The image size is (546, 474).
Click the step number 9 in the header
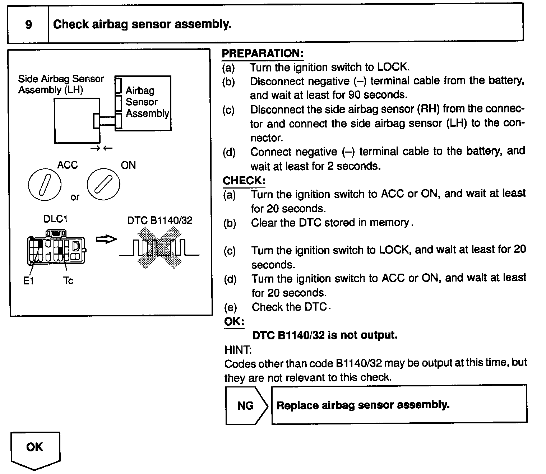pyautogui.click(x=28, y=25)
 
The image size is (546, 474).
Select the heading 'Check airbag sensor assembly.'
pyautogui.click(x=142, y=24)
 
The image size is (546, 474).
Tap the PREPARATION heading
pyautogui.click(x=263, y=54)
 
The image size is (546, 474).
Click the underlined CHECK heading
pyautogui.click(x=244, y=180)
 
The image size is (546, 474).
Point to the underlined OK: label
pyautogui.click(x=234, y=321)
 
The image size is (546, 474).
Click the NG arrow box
pyautogui.click(x=246, y=405)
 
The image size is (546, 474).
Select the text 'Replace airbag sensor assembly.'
pyautogui.click(x=363, y=405)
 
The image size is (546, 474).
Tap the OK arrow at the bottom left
pyautogui.click(x=35, y=450)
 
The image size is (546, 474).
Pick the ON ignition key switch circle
pyautogui.click(x=103, y=184)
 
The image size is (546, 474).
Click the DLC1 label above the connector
pyautogui.click(x=55, y=219)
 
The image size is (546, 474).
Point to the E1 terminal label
pyautogui.click(x=28, y=281)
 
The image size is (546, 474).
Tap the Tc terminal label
pyautogui.click(x=68, y=280)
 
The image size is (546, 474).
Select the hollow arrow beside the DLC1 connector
pyautogui.click(x=106, y=239)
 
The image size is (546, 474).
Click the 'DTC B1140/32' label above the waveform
pyautogui.click(x=160, y=220)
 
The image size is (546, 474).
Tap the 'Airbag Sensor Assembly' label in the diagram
pyautogui.click(x=147, y=102)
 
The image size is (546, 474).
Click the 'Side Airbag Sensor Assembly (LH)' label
pyautogui.click(x=61, y=84)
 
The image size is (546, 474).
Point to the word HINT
pyautogui.click(x=238, y=349)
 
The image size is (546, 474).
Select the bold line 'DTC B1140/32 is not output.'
pyautogui.click(x=325, y=335)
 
